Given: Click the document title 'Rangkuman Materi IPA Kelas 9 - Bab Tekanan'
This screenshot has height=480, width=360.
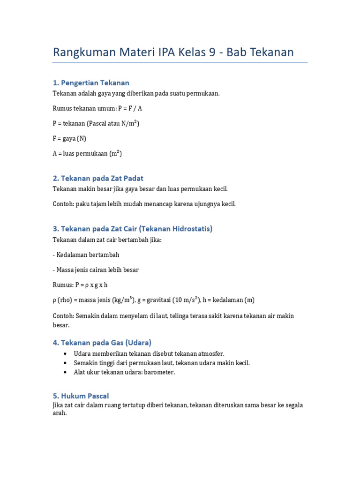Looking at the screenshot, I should click(x=173, y=52).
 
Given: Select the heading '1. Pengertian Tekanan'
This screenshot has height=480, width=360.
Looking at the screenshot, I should click(x=91, y=83).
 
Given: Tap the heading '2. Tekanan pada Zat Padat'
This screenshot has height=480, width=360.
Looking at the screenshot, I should click(x=98, y=178).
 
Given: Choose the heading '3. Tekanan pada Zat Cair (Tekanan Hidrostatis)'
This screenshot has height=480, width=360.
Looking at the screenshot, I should click(x=133, y=229).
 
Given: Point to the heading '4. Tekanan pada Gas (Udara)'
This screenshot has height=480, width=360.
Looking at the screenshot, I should click(x=102, y=342).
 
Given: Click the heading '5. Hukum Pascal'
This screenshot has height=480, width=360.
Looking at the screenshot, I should click(x=81, y=396).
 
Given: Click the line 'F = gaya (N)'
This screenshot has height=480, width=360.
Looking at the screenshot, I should click(x=69, y=138).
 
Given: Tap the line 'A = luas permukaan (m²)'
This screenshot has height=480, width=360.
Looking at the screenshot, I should click(x=87, y=153).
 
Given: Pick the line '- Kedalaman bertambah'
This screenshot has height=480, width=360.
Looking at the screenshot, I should click(x=86, y=255).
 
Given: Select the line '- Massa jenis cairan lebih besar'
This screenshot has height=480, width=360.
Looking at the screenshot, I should click(x=96, y=270).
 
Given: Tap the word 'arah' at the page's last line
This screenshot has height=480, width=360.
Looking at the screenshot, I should click(x=60, y=413).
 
